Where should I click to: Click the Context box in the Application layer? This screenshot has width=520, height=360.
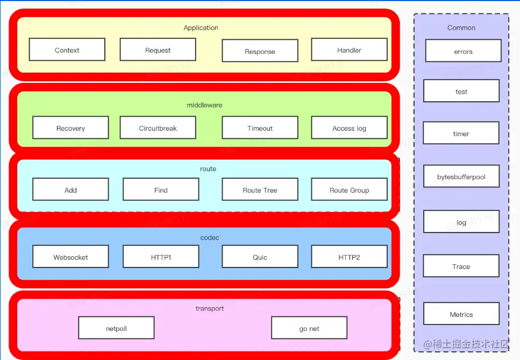tap(67, 50)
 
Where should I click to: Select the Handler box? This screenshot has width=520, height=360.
tap(349, 50)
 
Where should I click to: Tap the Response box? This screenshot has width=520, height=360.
tap(260, 52)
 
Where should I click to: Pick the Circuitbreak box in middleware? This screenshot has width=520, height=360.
tap(158, 128)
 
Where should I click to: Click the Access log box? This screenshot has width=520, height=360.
tap(349, 128)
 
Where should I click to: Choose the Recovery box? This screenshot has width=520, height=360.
tap(70, 128)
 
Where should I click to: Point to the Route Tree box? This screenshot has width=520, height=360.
tap(260, 190)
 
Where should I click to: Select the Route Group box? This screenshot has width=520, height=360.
tap(349, 190)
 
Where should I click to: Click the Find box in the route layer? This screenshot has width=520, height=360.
tap(161, 190)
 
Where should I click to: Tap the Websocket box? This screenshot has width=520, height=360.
tap(70, 257)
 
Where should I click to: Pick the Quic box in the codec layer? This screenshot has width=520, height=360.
tap(260, 257)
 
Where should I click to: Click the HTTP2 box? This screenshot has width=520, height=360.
tap(349, 257)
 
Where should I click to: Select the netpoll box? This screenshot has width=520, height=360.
tap(116, 328)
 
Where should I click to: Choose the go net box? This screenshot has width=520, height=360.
tap(309, 328)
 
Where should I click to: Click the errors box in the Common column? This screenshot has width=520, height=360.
tap(463, 52)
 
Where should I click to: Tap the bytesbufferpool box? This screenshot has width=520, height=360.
tap(461, 177)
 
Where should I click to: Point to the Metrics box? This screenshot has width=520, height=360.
tap(461, 314)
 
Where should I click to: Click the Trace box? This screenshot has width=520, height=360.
tap(461, 266)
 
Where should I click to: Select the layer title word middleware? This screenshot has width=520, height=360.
tap(204, 105)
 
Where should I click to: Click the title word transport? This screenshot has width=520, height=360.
tap(210, 308)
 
